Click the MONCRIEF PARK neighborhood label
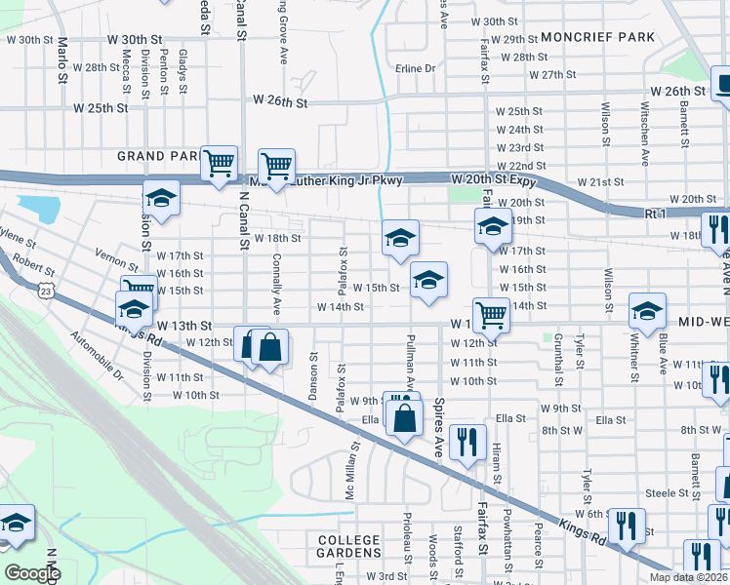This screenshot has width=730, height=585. [597, 37]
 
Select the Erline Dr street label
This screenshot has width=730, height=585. [415, 69]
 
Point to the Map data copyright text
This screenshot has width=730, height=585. [687, 577]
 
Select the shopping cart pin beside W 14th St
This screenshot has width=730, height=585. [491, 313]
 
